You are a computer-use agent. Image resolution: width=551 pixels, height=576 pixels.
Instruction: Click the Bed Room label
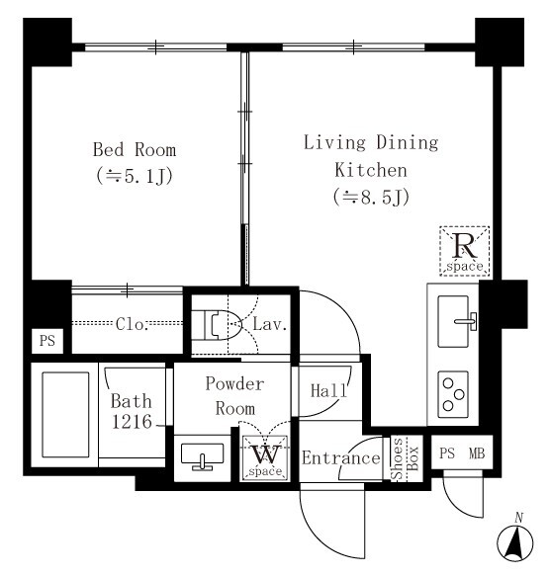pos(135,150)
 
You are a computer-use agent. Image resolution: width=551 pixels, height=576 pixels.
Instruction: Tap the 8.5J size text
pos(371,198)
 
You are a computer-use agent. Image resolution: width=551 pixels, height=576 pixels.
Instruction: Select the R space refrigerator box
pos(465,251)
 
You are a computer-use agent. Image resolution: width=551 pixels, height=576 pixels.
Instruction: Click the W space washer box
pos(265,458)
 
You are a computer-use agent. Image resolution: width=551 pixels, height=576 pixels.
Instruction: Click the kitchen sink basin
pos(453,321)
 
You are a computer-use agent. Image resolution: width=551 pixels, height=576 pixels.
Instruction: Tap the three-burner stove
pos(453,394)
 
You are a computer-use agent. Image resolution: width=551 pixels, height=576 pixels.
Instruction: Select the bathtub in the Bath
pos(65,415)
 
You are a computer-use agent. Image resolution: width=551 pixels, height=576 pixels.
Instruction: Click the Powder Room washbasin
pos(202,455)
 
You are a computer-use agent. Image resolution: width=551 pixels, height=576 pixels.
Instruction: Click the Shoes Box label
pos(405,458)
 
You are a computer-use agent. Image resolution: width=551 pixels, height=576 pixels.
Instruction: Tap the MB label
pos(477,453)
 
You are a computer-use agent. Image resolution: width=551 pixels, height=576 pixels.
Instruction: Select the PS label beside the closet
pos(47,341)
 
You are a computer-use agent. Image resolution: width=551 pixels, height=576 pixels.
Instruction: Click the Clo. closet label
pos(132,324)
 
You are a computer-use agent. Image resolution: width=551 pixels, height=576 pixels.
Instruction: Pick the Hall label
pos(328,391)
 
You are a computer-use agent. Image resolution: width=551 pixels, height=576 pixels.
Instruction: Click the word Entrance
pos(341,458)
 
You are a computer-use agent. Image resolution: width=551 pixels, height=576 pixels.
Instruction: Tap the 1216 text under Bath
pos(132,421)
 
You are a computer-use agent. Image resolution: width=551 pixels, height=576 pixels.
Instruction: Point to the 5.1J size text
pos(135,176)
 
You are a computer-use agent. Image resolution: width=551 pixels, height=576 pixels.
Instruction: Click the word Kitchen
pos(371,170)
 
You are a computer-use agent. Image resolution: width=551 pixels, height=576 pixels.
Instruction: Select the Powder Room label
pos(234,396)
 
